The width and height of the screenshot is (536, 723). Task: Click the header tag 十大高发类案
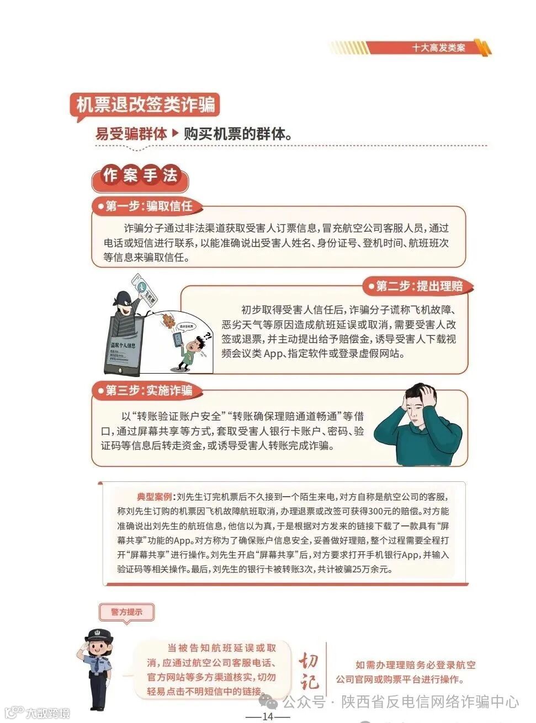[x=438, y=47]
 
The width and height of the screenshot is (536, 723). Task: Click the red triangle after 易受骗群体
[x=176, y=134]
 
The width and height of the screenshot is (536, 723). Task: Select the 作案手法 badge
[x=140, y=176]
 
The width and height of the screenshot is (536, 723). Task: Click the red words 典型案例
[x=154, y=497]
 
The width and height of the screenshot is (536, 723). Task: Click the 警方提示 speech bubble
[x=127, y=612]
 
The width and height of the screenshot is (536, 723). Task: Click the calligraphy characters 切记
[x=309, y=671]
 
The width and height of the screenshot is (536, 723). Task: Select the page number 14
[x=268, y=716]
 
